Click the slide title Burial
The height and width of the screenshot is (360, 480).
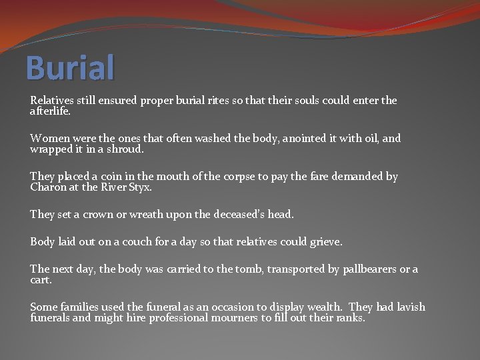[x=70, y=68]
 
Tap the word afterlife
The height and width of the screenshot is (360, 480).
[x=50, y=111]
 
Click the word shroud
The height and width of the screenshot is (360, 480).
[x=124, y=149]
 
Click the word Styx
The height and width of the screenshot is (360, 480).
[x=140, y=187]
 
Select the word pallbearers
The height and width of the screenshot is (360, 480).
[x=368, y=270]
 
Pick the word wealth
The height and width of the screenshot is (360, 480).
[x=325, y=307]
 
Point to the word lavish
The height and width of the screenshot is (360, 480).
[x=410, y=307]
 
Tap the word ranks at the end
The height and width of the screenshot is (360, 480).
[x=350, y=318]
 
